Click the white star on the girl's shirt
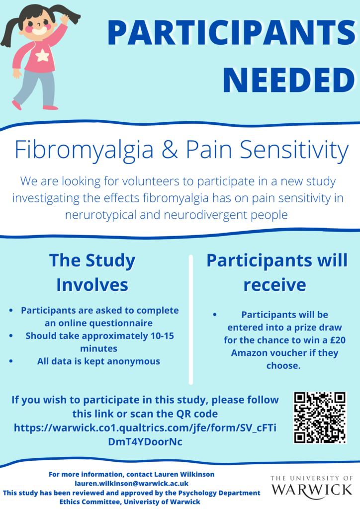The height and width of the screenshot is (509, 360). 42,56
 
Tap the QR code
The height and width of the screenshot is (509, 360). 320,418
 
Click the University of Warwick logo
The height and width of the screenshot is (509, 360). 312,488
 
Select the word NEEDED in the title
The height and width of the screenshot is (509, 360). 289,80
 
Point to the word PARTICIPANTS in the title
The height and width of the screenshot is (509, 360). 231,32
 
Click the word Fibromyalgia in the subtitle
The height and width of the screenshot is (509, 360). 84,150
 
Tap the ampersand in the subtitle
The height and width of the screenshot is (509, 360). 170,150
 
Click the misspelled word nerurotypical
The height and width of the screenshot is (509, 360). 100,215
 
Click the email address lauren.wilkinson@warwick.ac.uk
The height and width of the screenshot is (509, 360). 131,483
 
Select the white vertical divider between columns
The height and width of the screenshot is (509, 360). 191,320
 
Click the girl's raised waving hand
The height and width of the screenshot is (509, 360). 64,19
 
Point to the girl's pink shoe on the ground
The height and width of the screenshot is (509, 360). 51,107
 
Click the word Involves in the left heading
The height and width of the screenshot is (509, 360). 92,285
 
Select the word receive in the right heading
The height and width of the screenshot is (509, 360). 274,285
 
